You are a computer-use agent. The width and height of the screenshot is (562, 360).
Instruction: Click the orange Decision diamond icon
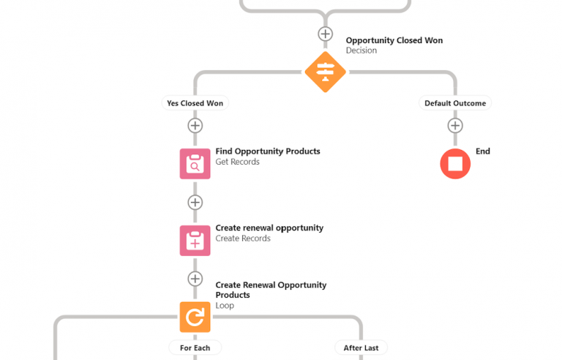[325, 72]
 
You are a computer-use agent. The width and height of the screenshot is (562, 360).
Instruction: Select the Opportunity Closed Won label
[394, 40]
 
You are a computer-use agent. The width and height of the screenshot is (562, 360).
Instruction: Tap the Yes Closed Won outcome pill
[195, 103]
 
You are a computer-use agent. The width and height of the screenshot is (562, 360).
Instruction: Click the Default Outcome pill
[454, 103]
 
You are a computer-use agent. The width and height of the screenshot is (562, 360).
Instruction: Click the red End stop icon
[454, 164]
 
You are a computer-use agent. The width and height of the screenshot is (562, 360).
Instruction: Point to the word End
[482, 151]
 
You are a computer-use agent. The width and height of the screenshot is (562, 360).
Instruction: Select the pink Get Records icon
[195, 164]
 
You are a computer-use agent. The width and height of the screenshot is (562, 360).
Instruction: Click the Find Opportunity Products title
[267, 151]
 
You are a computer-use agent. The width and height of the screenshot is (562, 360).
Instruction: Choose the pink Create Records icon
[195, 240]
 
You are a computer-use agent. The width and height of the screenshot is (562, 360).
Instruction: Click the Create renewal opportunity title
[269, 228]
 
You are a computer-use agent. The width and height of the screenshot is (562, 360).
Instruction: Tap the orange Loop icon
[195, 317]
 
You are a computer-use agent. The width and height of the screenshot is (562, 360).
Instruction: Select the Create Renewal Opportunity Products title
[271, 290]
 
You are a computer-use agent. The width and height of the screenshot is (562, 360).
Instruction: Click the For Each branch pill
[195, 348]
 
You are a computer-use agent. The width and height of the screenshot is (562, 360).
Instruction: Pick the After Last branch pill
[360, 348]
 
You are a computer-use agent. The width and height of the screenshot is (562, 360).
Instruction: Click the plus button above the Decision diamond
[325, 34]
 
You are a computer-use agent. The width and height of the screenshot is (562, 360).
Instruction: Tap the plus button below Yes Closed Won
[195, 126]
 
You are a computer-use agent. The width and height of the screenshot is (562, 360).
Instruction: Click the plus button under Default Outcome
[454, 126]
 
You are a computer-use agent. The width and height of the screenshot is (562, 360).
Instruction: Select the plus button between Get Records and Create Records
[195, 202]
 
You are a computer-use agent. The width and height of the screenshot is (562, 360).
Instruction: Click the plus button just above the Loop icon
[195, 279]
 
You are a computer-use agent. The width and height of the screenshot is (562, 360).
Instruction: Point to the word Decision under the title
[361, 50]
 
